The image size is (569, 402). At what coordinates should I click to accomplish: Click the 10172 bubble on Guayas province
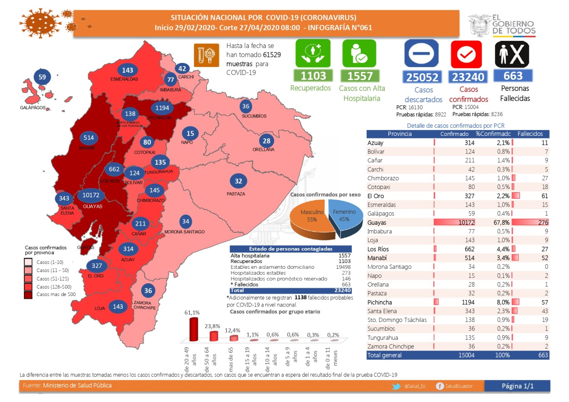click(91, 195)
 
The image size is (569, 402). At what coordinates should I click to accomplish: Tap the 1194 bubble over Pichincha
click(162, 108)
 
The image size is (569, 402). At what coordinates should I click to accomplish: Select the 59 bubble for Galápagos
click(42, 77)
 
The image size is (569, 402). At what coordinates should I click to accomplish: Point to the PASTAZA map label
click(236, 194)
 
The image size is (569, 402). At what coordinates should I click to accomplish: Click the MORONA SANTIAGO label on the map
click(184, 232)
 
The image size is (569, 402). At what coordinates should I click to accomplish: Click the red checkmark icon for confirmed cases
click(466, 54)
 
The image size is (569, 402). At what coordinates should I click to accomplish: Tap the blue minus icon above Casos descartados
click(421, 53)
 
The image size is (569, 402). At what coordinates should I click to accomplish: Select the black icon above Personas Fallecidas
click(512, 54)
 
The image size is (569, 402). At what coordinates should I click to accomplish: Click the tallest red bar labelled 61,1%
click(194, 329)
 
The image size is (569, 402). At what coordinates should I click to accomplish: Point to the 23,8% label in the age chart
click(212, 326)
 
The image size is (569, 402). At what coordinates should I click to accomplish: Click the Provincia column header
click(400, 134)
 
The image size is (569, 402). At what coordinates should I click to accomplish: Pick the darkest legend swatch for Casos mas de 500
click(28, 295)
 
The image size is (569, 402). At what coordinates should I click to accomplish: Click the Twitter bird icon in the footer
click(396, 386)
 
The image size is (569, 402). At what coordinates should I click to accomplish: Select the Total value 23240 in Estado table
click(342, 290)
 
